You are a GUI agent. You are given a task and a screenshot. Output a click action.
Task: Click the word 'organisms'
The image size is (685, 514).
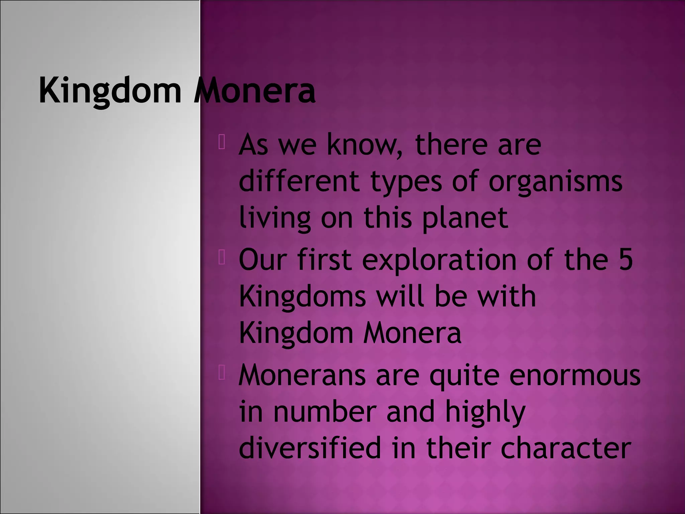tap(555, 182)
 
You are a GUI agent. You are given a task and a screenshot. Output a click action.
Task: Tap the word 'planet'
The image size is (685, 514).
tap(465, 218)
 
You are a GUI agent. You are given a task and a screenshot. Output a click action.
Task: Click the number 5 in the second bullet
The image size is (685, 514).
tap(625, 260)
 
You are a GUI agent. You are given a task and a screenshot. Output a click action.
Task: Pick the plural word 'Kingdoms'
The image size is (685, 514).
tap(303, 296)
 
